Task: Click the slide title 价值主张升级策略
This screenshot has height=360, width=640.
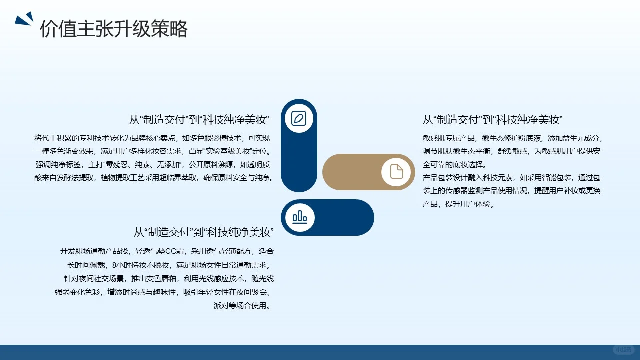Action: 114,29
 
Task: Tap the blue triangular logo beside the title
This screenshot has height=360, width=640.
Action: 24,19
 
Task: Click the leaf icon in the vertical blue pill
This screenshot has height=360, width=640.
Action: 299,118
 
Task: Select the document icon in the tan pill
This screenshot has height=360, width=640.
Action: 396,171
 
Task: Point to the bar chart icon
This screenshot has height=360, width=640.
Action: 299,217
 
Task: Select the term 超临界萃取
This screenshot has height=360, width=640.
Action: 180,178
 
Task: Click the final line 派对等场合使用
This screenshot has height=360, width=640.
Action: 242,306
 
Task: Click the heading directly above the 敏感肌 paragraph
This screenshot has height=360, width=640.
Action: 493,120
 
